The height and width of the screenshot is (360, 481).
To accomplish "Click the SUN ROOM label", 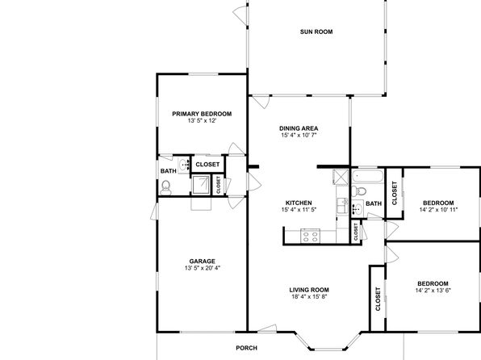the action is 316,31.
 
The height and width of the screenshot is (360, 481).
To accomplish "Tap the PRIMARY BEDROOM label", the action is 202,114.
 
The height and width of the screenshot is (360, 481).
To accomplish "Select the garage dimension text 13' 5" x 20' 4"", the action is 203,268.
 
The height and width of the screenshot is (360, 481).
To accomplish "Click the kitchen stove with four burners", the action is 311,236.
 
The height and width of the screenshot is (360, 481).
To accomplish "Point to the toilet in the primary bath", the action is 165,188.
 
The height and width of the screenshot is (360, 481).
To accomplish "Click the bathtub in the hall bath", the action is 367,177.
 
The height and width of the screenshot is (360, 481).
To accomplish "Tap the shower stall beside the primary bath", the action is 201,185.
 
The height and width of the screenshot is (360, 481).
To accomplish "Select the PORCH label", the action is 247,348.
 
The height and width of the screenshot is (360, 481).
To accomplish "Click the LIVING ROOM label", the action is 309,290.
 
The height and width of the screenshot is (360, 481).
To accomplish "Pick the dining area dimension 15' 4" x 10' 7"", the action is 299,135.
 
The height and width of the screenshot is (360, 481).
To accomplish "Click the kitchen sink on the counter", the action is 342,206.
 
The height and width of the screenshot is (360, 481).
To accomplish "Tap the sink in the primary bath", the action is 184,165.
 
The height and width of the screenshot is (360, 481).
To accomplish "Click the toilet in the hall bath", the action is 359,191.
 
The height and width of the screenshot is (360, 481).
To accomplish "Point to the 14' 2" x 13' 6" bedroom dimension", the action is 433,291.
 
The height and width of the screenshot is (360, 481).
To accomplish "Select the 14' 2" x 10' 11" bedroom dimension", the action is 439,210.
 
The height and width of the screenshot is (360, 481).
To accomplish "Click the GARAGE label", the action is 202,262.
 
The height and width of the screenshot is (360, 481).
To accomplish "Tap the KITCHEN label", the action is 299,203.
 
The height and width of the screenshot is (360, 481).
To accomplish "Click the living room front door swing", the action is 267,328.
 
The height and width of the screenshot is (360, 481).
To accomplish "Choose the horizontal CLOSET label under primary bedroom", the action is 207,165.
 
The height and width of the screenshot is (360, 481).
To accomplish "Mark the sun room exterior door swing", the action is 240,15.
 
